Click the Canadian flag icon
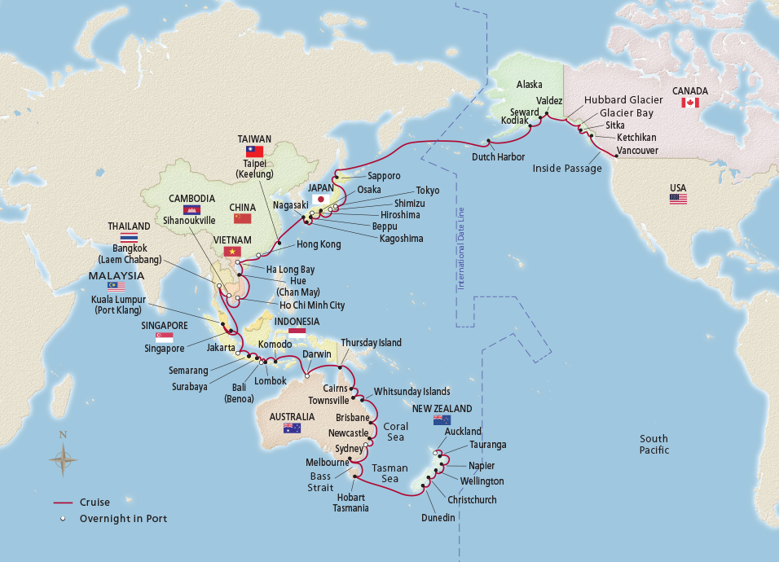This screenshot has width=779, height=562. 690,103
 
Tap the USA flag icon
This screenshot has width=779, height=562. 678,199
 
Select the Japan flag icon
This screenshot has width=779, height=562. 321,199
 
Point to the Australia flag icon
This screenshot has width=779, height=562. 292,428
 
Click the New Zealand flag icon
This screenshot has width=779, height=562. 442,420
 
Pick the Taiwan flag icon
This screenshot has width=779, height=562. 255,151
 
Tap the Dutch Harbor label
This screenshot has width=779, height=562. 499,156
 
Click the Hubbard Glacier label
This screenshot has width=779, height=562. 623,100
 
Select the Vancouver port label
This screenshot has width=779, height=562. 638,150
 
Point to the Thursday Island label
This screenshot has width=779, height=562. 371,343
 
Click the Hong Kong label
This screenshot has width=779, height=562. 319,244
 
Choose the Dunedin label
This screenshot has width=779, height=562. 438,517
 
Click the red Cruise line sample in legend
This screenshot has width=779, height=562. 64,503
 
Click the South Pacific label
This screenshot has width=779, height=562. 654,444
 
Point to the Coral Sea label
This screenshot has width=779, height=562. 396,432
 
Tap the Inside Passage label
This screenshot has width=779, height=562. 567,169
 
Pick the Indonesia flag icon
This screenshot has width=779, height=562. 297,333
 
